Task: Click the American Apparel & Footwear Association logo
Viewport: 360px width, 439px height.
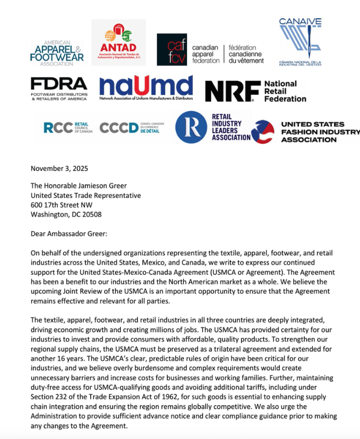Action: click(x=56, y=53)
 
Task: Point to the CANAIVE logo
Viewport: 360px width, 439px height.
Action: click(x=300, y=42)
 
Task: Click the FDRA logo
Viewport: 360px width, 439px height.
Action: click(x=58, y=89)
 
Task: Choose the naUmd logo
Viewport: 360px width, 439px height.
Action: click(x=146, y=88)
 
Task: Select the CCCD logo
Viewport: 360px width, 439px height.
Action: click(x=132, y=128)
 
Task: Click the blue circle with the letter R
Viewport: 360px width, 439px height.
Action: click(x=191, y=127)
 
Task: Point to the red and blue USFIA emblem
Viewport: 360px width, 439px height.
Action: click(x=263, y=132)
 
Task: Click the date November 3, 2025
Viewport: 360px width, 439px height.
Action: click(x=59, y=168)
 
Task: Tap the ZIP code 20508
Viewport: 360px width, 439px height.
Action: click(x=89, y=214)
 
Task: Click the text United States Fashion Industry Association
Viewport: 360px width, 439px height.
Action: click(x=319, y=132)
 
